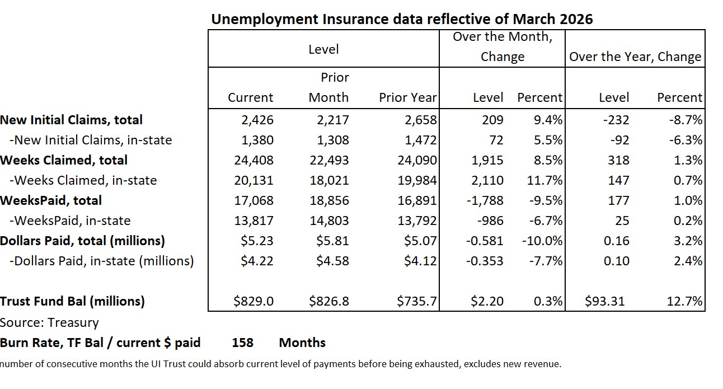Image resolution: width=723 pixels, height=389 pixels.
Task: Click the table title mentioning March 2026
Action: coord(401,19)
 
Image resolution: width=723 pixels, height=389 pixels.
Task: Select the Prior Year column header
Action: coord(407,97)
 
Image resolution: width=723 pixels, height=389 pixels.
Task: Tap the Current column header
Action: coord(250,97)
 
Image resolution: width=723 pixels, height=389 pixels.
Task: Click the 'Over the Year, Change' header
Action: coord(635,57)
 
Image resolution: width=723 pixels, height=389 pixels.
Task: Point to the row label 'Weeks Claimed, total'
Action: coord(64,160)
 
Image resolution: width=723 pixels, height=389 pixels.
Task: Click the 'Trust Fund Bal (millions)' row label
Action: coord(72,301)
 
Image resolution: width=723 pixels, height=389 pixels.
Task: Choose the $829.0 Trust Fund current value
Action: coord(253,301)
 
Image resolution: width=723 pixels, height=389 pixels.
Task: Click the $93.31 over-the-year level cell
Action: coord(605,301)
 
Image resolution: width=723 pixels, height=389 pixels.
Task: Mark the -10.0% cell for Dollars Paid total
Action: coord(542,241)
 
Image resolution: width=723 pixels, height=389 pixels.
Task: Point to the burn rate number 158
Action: coord(242,343)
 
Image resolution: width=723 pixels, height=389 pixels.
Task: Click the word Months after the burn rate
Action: coord(302,343)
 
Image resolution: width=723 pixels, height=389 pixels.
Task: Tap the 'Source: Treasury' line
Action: coord(49,322)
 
